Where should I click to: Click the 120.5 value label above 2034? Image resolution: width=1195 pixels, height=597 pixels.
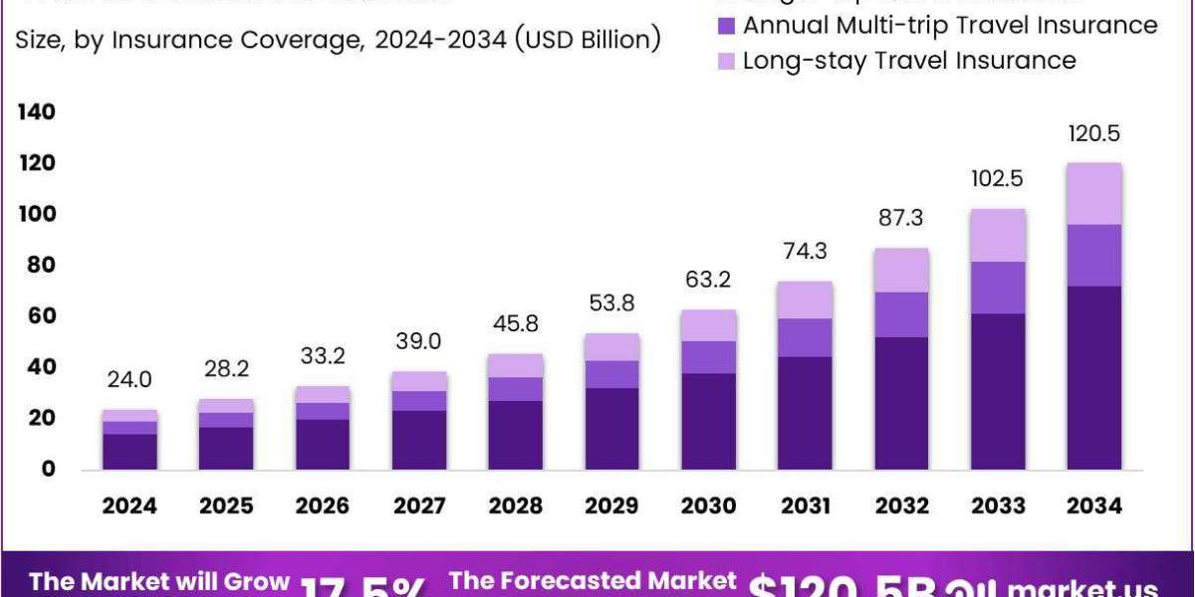pyautogui.click(x=1094, y=133)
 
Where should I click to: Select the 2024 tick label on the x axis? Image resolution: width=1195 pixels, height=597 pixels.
pyautogui.click(x=129, y=505)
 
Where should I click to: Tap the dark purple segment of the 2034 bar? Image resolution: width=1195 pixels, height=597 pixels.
pyautogui.click(x=1094, y=377)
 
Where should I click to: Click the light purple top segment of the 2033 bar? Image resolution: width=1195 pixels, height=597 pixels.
pyautogui.click(x=998, y=235)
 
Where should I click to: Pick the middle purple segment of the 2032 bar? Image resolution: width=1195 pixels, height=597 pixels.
pyautogui.click(x=901, y=314)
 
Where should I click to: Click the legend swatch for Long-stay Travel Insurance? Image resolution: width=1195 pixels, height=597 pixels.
pyautogui.click(x=726, y=61)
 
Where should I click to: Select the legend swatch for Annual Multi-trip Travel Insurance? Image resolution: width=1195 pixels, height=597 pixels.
pyautogui.click(x=726, y=25)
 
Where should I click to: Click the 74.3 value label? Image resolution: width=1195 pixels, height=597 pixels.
pyautogui.click(x=805, y=253)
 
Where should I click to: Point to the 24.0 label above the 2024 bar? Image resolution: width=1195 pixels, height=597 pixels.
pyautogui.click(x=129, y=380)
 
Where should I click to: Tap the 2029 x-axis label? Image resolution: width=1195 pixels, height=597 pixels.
pyautogui.click(x=611, y=505)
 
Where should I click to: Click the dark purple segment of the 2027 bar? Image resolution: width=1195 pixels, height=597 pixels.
pyautogui.click(x=419, y=440)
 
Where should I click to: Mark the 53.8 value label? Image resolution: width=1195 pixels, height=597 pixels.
pyautogui.click(x=611, y=303)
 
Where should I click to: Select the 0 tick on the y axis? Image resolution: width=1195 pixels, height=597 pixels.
pyautogui.click(x=48, y=470)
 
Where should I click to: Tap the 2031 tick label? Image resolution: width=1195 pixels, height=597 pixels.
pyautogui.click(x=805, y=505)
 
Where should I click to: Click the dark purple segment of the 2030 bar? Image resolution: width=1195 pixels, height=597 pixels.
pyautogui.click(x=708, y=421)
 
